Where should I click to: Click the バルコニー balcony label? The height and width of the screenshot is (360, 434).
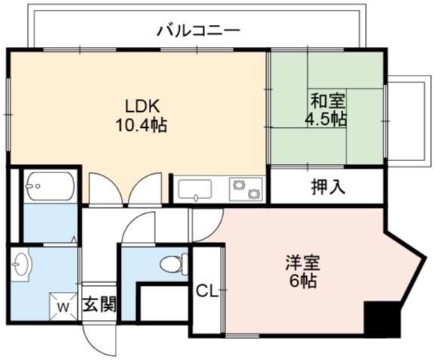(x=198, y=31)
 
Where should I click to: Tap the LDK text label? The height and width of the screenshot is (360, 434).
(x=142, y=106)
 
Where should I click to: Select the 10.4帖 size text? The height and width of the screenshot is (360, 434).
(x=141, y=126)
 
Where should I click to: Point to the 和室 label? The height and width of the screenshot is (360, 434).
(x=327, y=101)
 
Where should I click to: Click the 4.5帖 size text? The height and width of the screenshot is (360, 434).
(x=326, y=119)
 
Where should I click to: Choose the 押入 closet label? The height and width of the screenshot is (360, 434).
(x=328, y=187)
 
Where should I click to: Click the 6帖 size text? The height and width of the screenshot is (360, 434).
(x=302, y=281)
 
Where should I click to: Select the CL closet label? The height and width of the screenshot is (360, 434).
(x=207, y=291)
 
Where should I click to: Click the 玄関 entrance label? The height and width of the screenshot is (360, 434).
(x=99, y=304)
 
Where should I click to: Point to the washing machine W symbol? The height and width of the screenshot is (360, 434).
(x=64, y=306)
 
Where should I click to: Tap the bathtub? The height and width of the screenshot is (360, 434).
(x=51, y=186)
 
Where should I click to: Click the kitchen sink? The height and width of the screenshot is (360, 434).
(x=195, y=190)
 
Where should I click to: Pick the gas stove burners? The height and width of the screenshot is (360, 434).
(x=246, y=189)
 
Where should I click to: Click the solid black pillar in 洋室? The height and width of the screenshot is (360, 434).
(x=383, y=319)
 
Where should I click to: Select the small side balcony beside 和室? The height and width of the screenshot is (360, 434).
(x=408, y=121)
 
